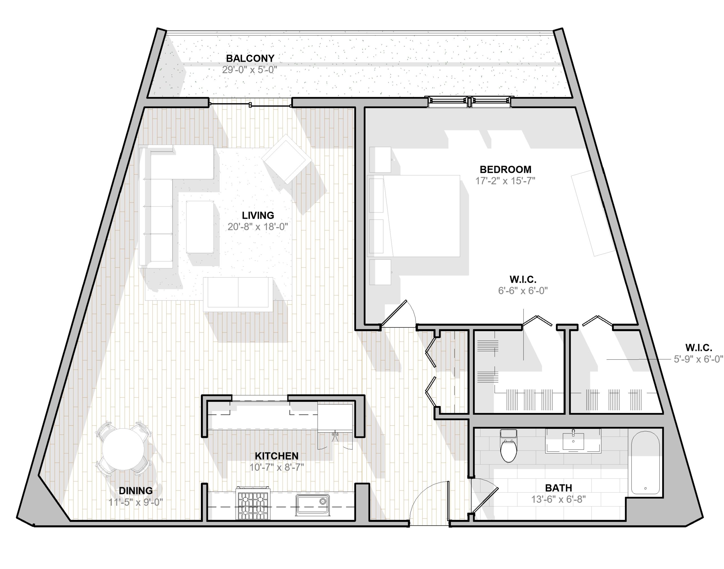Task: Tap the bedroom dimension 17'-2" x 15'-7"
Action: [x=505, y=181]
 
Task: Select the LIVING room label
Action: [x=258, y=215]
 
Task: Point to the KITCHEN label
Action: [x=277, y=456]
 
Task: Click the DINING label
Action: [x=136, y=490]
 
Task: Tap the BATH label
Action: [x=559, y=488]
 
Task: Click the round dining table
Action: [x=123, y=449]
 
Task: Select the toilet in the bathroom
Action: [x=508, y=446]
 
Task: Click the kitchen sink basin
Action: [x=313, y=505]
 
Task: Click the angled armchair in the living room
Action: [x=286, y=159]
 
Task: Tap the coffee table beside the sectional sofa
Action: [x=200, y=227]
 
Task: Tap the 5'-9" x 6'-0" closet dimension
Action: [x=698, y=359]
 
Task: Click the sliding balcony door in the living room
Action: [x=250, y=105]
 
